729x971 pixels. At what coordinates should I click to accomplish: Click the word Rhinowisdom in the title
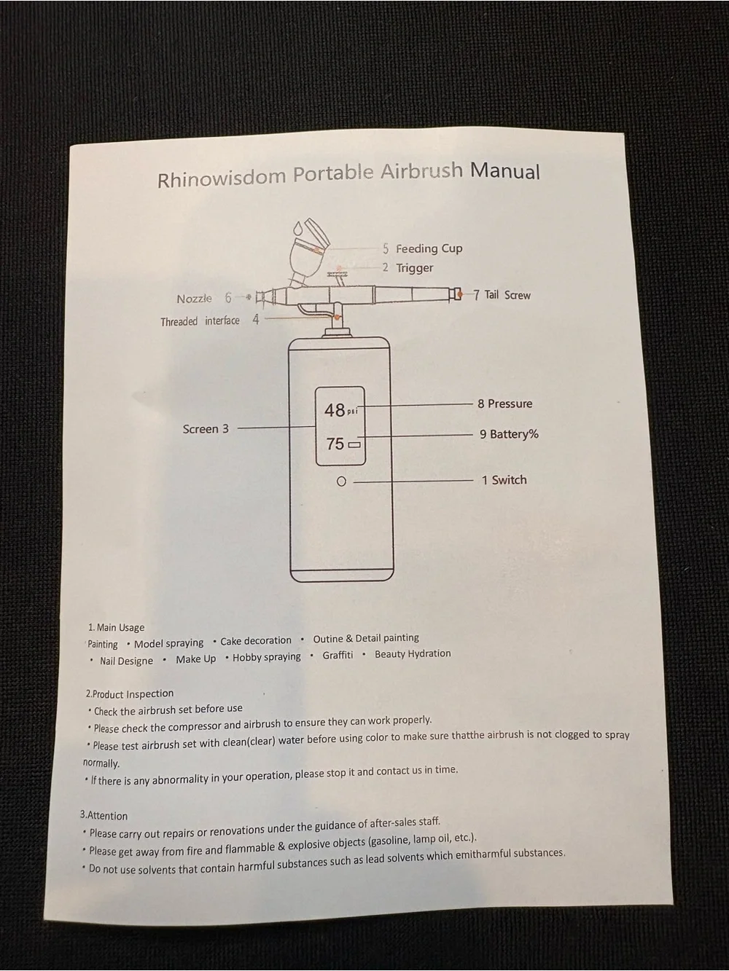click(222, 178)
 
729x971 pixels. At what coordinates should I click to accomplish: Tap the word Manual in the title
click(504, 170)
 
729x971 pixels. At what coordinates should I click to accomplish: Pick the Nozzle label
click(195, 299)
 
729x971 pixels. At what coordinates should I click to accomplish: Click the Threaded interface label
click(200, 321)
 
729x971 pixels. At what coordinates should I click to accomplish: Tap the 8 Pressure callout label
click(504, 404)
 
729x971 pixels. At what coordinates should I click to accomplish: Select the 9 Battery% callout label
click(509, 434)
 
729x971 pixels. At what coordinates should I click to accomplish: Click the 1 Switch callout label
click(504, 480)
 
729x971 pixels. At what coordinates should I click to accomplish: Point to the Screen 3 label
click(206, 428)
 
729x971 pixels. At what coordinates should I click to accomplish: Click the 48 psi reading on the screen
click(341, 410)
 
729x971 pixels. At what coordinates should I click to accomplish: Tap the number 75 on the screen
click(335, 444)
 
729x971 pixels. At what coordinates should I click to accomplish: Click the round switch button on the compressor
click(341, 481)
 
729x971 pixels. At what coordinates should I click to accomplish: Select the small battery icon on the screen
click(354, 445)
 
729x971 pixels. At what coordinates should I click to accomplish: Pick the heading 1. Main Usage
click(116, 627)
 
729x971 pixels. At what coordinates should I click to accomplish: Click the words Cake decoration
click(256, 640)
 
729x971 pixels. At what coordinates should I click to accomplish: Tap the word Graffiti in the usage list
click(338, 655)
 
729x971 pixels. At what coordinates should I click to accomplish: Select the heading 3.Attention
click(104, 816)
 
